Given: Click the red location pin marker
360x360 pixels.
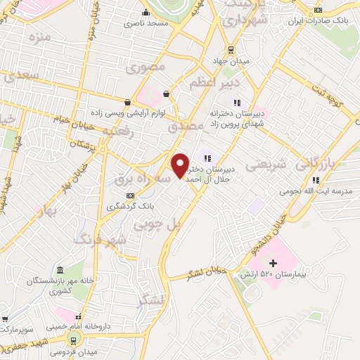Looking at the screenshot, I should click(x=181, y=165).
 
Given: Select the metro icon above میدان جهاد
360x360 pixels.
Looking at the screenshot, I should click(x=230, y=49).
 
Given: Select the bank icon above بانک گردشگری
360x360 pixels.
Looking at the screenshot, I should click(x=130, y=195).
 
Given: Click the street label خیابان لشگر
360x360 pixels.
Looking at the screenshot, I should click(x=204, y=272).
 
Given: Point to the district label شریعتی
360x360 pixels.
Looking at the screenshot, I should click(x=268, y=165).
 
